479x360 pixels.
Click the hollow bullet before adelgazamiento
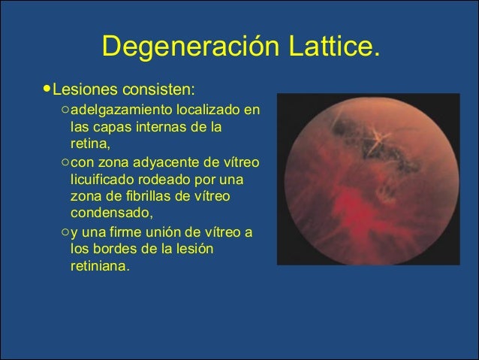65,110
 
